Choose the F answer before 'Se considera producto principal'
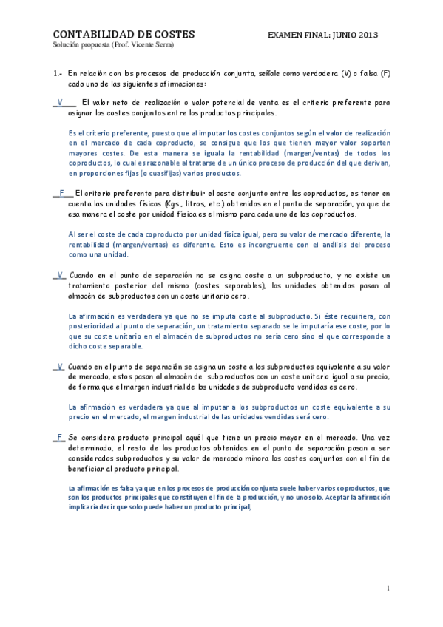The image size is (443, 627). pyautogui.click(x=58, y=437)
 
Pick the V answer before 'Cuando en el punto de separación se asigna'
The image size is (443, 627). pyautogui.click(x=58, y=366)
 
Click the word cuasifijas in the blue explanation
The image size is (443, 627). pyautogui.click(x=148, y=174)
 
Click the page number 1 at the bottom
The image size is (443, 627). pyautogui.click(x=387, y=588)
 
